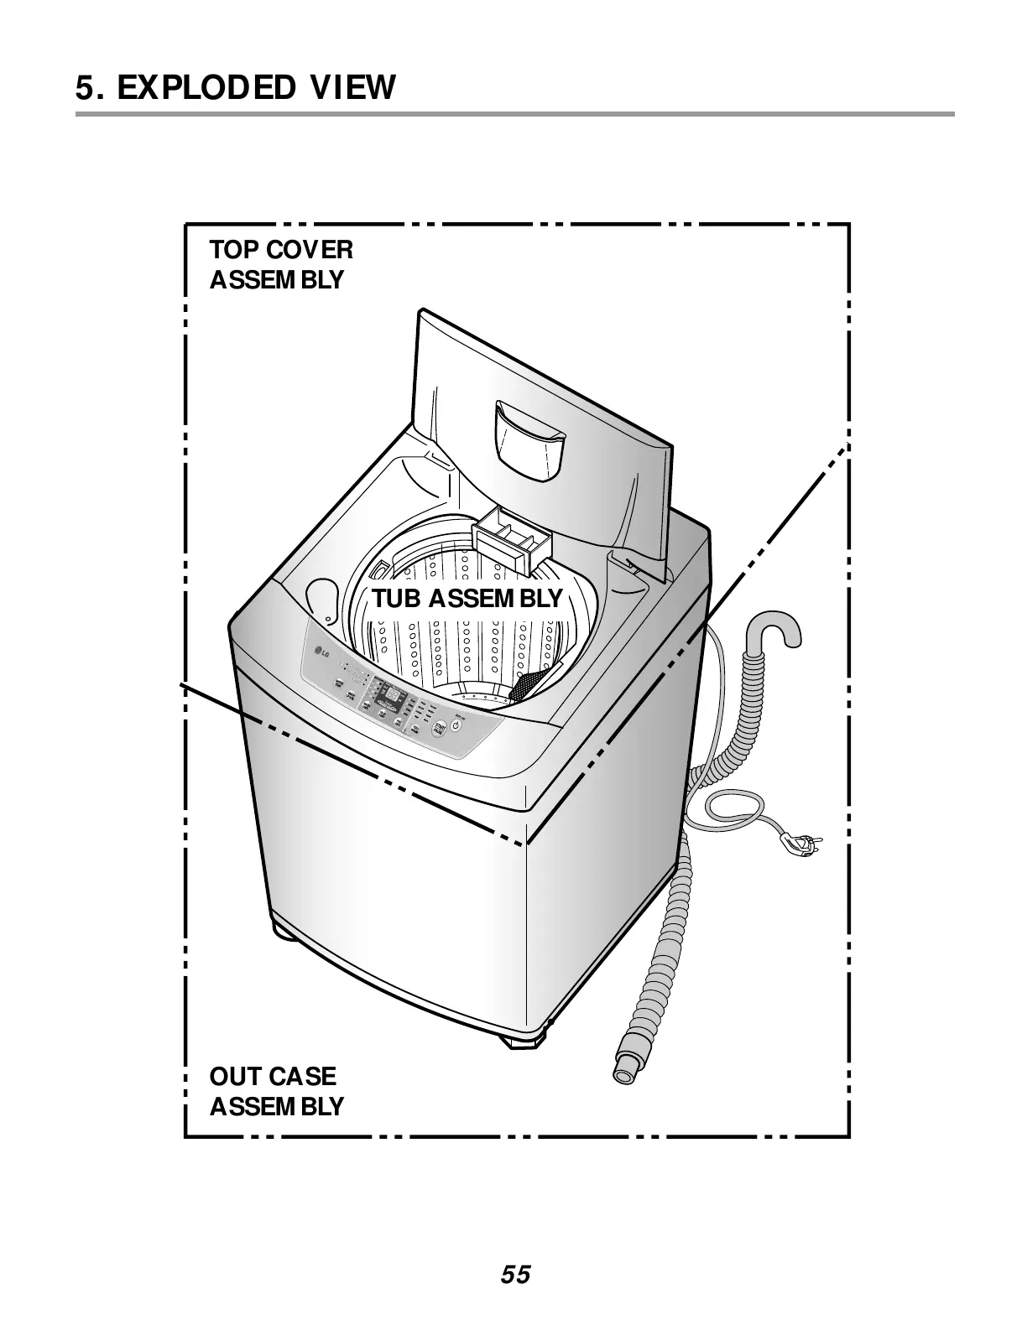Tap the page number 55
tap(516, 1275)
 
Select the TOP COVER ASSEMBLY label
tap(280, 264)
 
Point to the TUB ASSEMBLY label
tap(467, 599)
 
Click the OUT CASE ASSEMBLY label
tap(276, 1091)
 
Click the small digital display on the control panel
tap(389, 694)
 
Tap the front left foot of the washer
tap(283, 932)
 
